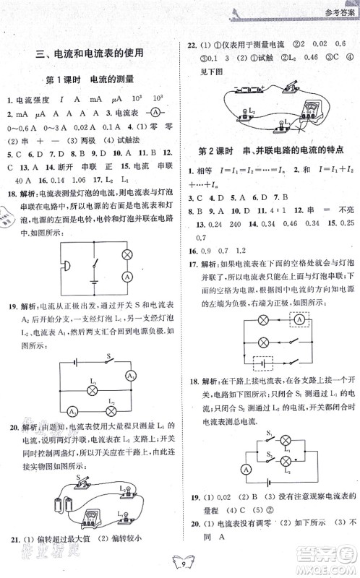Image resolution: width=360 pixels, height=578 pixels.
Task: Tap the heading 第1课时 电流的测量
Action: (x=93, y=79)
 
